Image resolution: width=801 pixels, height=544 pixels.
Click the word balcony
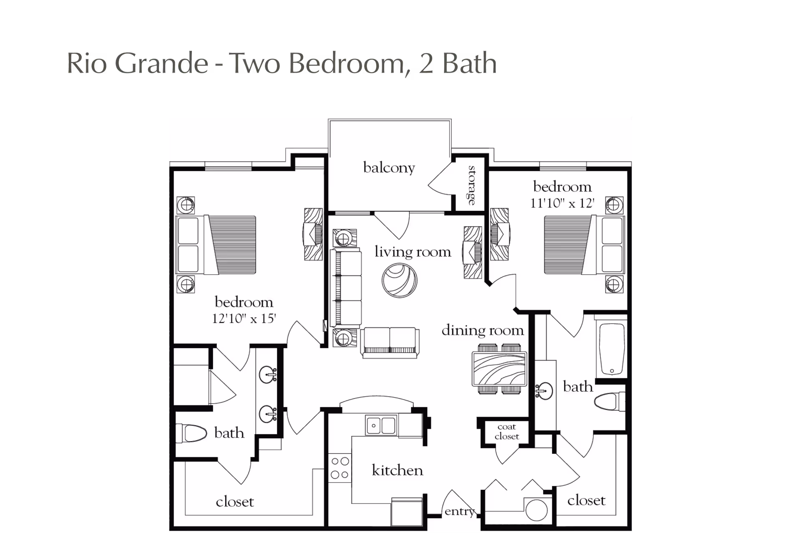click(x=389, y=168)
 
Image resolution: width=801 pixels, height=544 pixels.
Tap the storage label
click(x=472, y=185)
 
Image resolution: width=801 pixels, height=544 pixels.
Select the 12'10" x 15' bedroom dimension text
click(x=244, y=319)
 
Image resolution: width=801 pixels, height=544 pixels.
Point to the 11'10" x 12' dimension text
click(x=562, y=203)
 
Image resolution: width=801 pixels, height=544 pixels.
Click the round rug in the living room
click(x=400, y=280)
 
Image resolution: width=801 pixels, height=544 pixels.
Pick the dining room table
click(x=499, y=369)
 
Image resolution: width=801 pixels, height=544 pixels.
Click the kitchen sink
click(x=381, y=425)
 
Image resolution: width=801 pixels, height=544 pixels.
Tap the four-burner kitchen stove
click(x=340, y=468)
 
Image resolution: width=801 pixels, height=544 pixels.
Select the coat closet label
click(x=507, y=432)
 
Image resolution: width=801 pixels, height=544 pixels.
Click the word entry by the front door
click(x=460, y=511)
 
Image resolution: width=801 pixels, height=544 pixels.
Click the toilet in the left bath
click(x=191, y=433)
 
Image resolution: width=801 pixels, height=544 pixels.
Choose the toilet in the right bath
click(x=610, y=402)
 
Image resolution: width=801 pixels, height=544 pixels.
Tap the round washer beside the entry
click(x=537, y=509)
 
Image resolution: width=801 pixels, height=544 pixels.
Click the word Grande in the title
click(x=161, y=63)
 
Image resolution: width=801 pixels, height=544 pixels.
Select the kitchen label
click(x=397, y=470)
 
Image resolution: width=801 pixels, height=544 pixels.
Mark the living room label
click(x=413, y=251)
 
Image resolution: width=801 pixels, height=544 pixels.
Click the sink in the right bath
click(x=544, y=391)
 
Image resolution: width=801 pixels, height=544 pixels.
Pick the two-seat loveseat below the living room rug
click(x=390, y=343)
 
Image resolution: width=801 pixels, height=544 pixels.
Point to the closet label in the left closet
click(x=235, y=501)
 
